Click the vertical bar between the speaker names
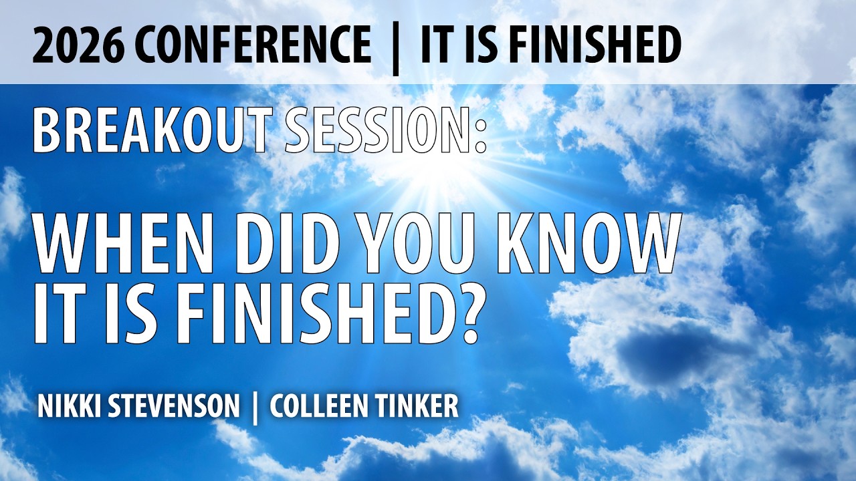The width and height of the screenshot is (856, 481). tap(255, 406)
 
